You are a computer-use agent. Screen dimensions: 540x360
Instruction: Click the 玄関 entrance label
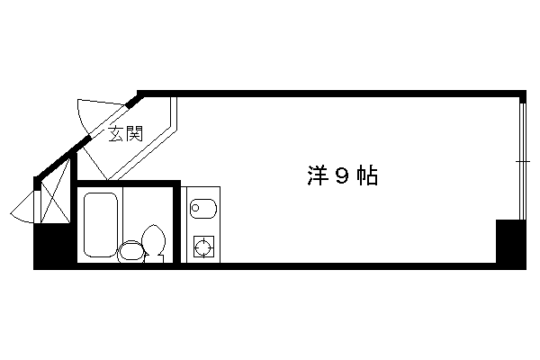click(x=125, y=134)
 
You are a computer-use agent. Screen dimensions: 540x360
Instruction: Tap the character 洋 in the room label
click(x=317, y=175)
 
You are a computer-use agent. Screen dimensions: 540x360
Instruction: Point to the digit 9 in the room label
click(x=342, y=176)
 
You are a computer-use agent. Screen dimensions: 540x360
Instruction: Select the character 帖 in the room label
click(x=367, y=175)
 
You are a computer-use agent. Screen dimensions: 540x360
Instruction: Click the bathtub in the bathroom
click(x=101, y=225)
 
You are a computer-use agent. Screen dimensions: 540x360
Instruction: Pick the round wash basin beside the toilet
click(x=130, y=251)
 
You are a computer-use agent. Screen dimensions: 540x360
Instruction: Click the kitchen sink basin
click(x=203, y=209)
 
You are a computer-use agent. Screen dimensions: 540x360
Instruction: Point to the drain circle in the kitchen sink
click(x=195, y=208)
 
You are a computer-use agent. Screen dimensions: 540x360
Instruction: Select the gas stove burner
click(x=203, y=247)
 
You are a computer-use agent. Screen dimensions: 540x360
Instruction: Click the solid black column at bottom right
click(x=510, y=244)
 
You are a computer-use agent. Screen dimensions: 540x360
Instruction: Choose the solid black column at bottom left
click(x=54, y=246)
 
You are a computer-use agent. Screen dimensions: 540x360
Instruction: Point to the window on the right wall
click(x=523, y=161)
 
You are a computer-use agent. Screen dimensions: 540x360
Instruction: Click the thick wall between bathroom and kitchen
click(x=177, y=224)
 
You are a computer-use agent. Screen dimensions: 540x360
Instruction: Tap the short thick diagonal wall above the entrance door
click(x=135, y=102)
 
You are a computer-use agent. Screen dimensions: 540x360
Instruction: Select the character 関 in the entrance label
click(x=134, y=134)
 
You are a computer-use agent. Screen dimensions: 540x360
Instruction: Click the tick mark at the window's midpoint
click(x=523, y=161)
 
